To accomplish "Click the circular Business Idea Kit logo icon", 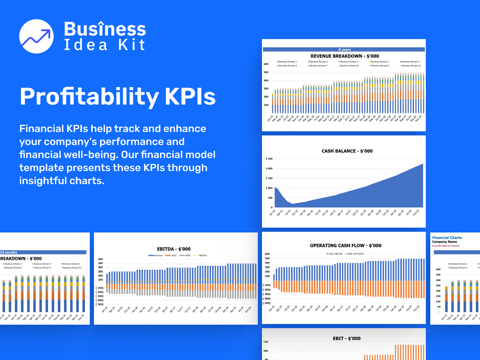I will pos(36,36).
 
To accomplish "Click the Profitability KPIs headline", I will pos(117,96).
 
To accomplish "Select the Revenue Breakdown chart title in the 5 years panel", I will pos(344,56).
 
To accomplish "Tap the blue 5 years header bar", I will pos(344,49).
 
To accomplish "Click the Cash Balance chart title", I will pos(347,151).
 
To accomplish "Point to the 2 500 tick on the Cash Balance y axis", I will pos(269,159).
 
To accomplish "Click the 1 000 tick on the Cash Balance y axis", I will pos(269,188).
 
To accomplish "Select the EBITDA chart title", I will pos(174,249).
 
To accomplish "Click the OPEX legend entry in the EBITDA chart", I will pos(187,255).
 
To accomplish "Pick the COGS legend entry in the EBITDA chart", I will pos(172,255).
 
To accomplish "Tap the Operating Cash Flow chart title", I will pos(345,245).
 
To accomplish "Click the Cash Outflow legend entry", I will pos(355,254).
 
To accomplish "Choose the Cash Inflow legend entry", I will pos(335,254).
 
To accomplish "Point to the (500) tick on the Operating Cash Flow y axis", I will pos(267,303).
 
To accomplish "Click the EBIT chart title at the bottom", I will pos(346,338).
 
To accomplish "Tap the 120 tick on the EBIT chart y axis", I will pos(266,342).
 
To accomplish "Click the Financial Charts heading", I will pos(447,237).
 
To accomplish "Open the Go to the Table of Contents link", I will pos(445,246).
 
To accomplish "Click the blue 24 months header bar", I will pos(43,252).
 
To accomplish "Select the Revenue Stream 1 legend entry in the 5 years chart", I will pos(287,62).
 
